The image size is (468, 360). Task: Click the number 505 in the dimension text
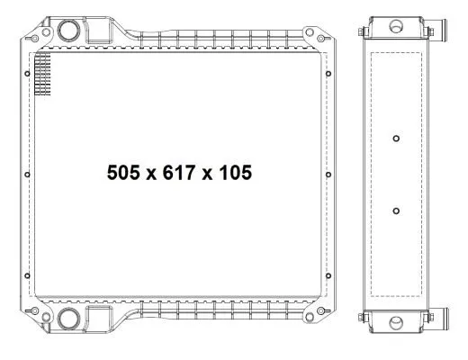[x=123, y=173]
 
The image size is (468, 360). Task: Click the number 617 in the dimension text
[x=179, y=173]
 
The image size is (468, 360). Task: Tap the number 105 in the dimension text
[x=236, y=173]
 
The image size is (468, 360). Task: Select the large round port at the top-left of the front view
[x=68, y=31]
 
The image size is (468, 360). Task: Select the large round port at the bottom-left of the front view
[x=68, y=319]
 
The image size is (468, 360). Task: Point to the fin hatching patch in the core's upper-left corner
[x=42, y=74]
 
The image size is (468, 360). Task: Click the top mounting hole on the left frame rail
[x=27, y=74]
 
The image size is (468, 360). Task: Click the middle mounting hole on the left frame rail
[x=27, y=175]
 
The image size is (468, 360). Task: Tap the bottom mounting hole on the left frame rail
[x=27, y=275]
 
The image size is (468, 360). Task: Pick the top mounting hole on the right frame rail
[x=328, y=74]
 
